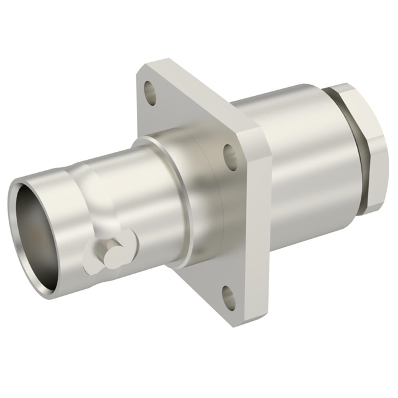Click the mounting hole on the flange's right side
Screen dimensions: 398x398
click(x=230, y=157)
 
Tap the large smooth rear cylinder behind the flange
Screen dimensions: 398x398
click(x=298, y=162)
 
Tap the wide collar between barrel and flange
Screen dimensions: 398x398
click(x=187, y=193)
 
